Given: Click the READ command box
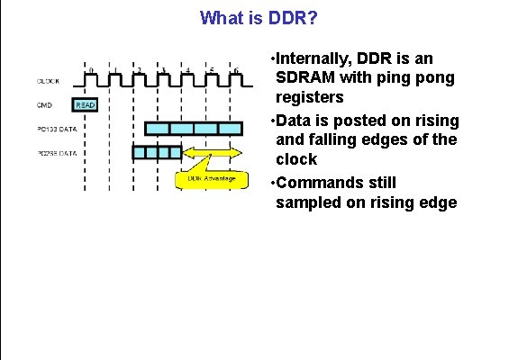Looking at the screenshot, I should (x=85, y=104).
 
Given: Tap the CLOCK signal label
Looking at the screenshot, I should (x=49, y=81).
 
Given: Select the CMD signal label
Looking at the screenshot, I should (x=43, y=104).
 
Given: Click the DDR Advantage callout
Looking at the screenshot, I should (x=212, y=178).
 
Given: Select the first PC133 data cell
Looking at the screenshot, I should (x=157, y=129).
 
